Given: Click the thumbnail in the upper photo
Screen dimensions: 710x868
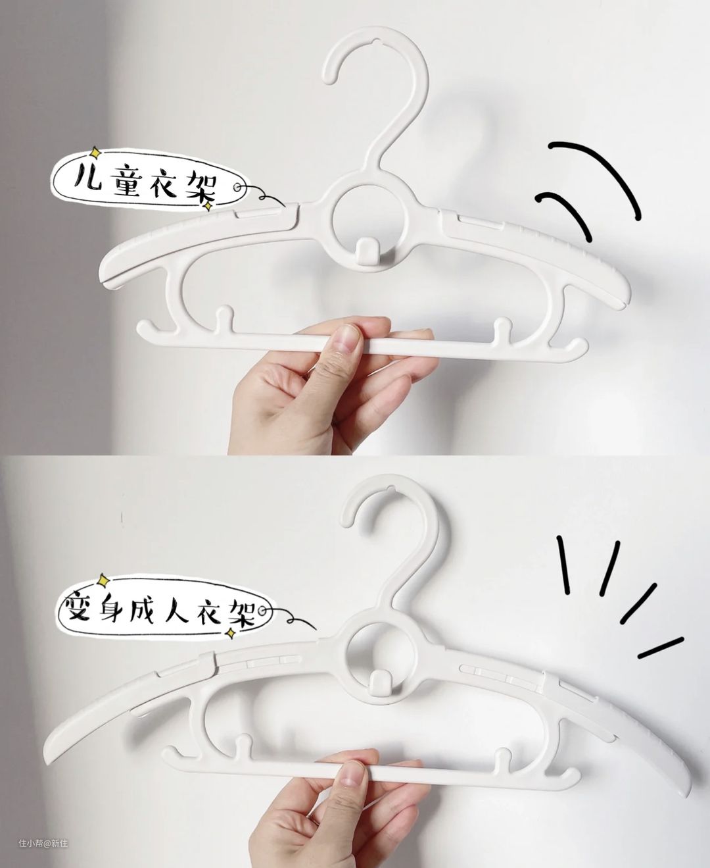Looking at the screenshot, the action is tap(345, 339).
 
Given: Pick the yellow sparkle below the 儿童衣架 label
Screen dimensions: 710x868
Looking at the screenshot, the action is tap(208, 205).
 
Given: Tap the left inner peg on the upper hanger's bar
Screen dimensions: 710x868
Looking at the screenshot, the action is tap(224, 319).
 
